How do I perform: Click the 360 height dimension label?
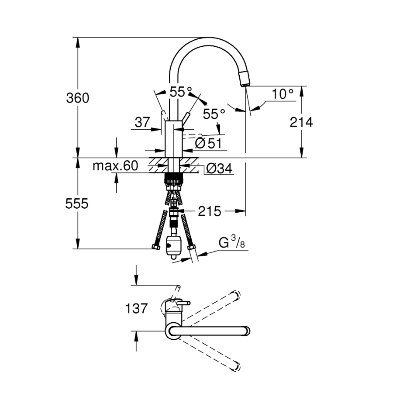click(77, 98)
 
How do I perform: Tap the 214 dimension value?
click(301, 123)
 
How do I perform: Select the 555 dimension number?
click(77, 203)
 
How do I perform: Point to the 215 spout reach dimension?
click(209, 211)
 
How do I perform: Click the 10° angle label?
click(282, 94)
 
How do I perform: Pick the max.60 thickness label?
click(115, 165)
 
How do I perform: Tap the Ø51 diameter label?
click(208, 143)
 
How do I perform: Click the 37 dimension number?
click(142, 122)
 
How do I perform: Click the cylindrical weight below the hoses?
click(174, 246)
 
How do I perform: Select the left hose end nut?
click(156, 248)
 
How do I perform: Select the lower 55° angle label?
click(214, 114)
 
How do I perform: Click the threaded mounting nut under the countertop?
click(174, 179)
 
